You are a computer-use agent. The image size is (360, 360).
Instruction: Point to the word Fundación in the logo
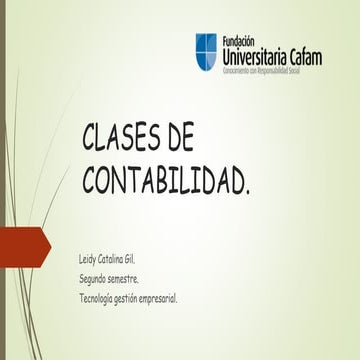pyautogui.click(x=238, y=40)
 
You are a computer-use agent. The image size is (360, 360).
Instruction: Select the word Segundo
pyautogui.click(x=96, y=279)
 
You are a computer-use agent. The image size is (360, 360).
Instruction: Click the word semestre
pyautogui.click(x=133, y=279)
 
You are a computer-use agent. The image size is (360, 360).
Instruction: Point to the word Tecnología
pyautogui.click(x=100, y=298)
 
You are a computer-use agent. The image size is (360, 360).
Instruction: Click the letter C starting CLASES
pyautogui.click(x=89, y=139)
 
